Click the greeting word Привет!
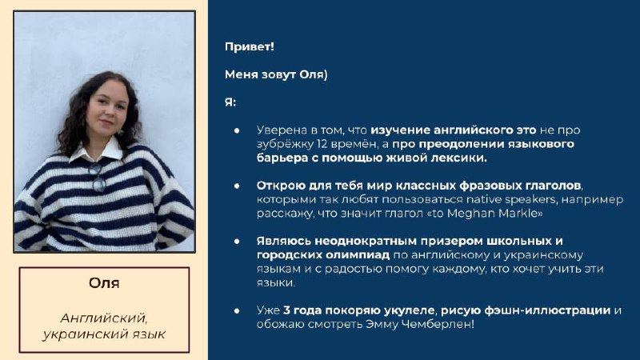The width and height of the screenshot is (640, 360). click(250, 46)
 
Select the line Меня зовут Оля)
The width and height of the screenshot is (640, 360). click(276, 74)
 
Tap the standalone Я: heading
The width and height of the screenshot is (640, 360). click(230, 102)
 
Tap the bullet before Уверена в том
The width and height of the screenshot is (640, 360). click(237, 130)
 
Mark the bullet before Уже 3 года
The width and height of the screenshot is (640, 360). click(237, 310)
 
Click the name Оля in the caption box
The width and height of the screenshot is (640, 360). click(104, 283)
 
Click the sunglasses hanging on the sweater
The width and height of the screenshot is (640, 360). click(97, 177)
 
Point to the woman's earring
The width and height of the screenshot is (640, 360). click(121, 132)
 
